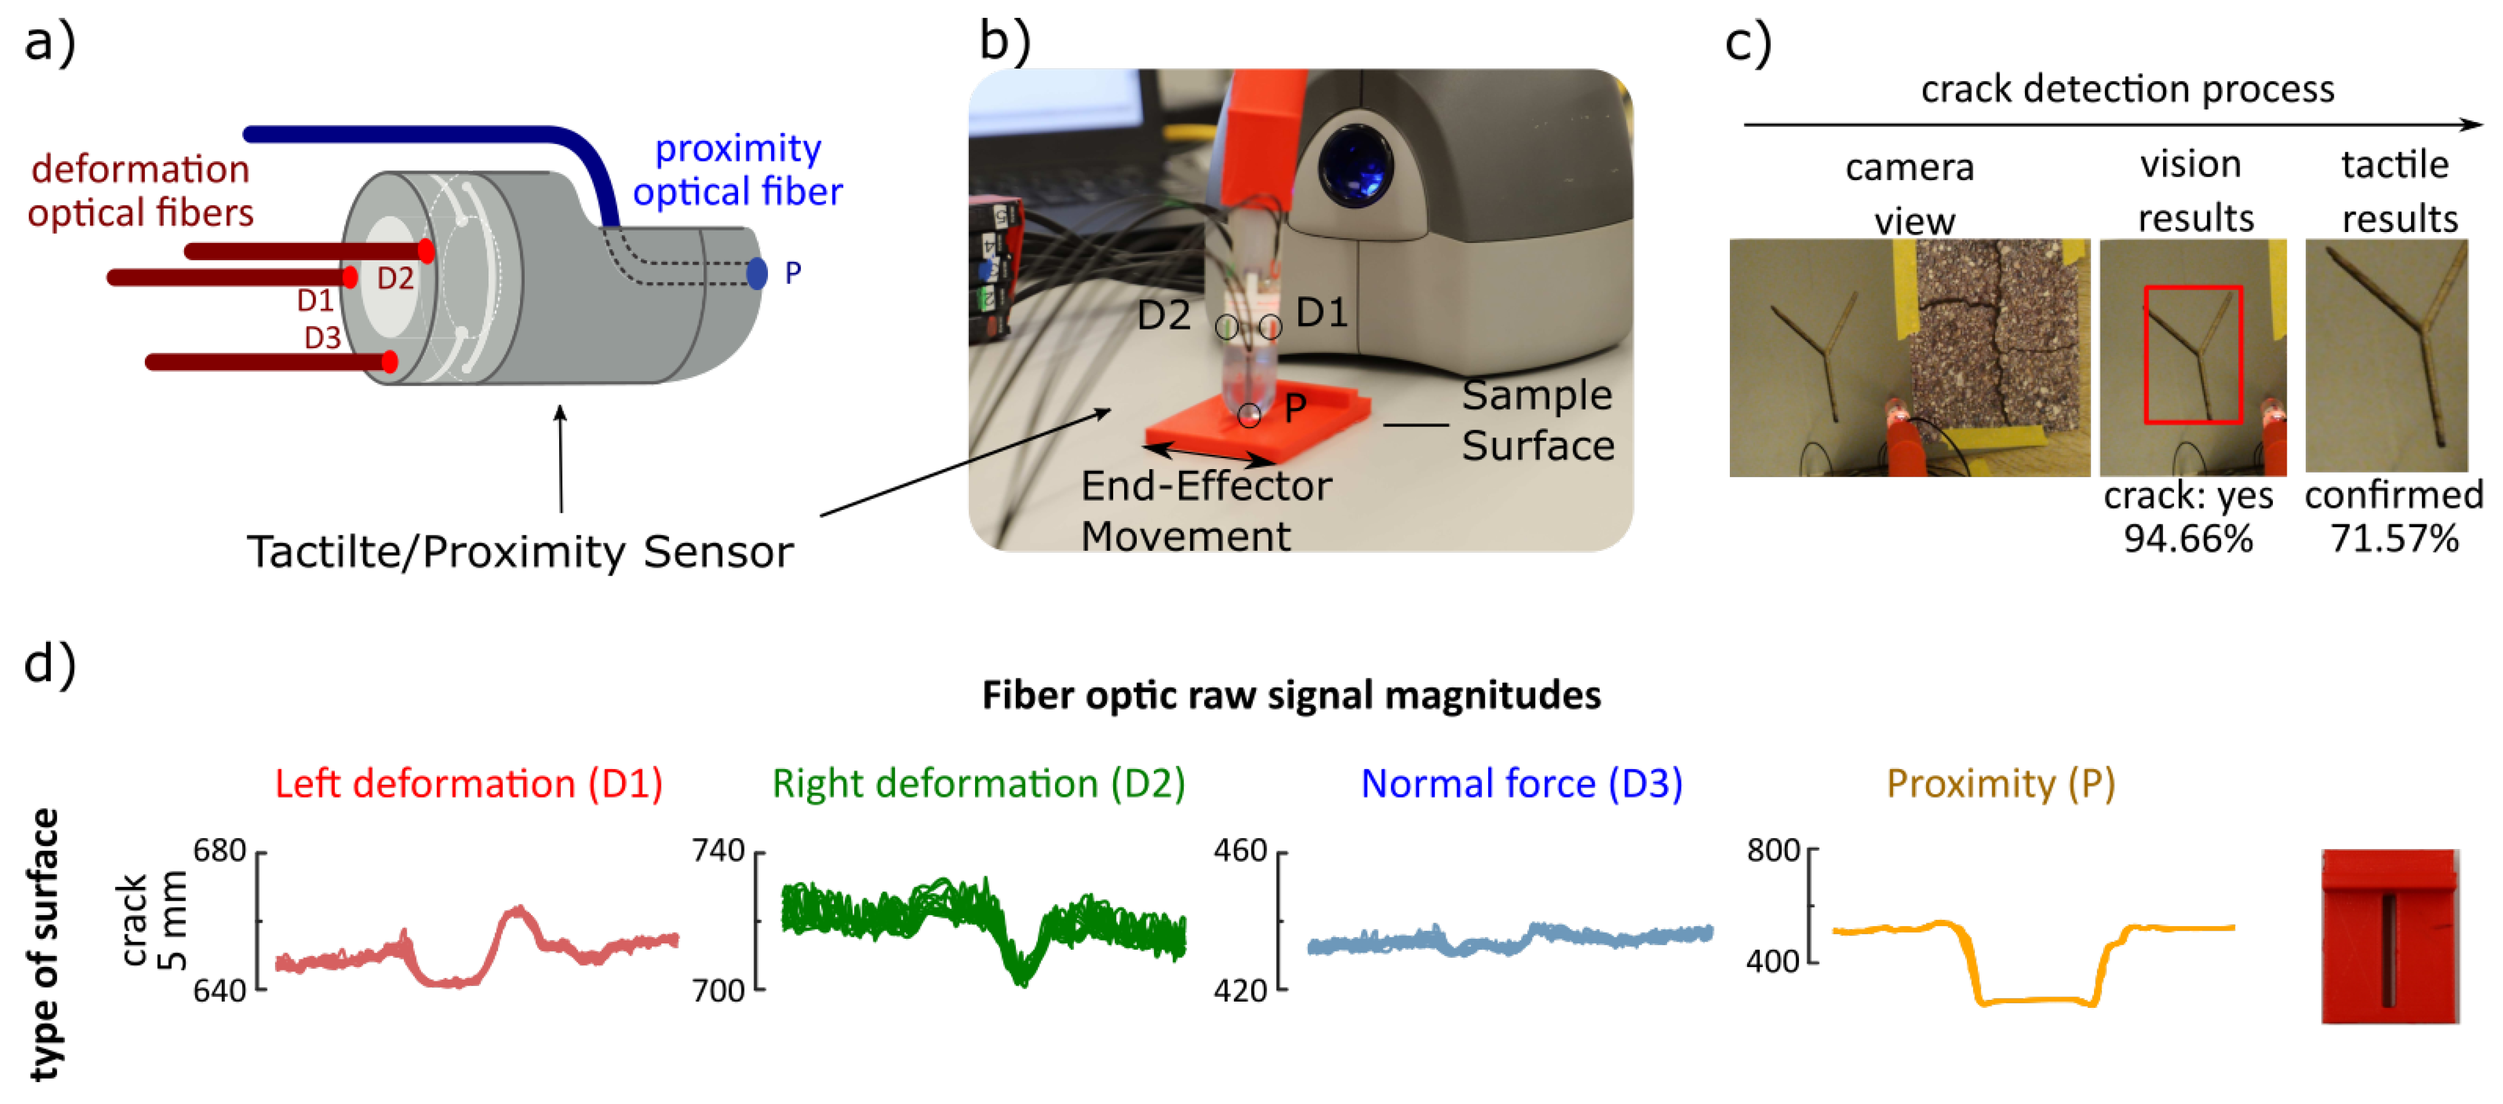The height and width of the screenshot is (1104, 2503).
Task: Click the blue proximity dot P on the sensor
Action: pyautogui.click(x=757, y=273)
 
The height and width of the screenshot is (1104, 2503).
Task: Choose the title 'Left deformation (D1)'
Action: pyautogui.click(x=468, y=783)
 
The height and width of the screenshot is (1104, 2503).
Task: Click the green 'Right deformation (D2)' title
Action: pyautogui.click(x=979, y=783)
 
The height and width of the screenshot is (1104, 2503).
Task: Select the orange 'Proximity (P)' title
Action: pyautogui.click(x=2001, y=783)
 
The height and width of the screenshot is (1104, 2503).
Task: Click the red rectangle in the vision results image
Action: pyautogui.click(x=2193, y=355)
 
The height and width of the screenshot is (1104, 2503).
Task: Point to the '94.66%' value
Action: pyautogui.click(x=2188, y=538)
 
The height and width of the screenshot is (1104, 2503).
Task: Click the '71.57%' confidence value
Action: pyautogui.click(x=2394, y=538)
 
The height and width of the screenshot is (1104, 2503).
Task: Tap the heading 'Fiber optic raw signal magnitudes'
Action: pyautogui.click(x=1291, y=696)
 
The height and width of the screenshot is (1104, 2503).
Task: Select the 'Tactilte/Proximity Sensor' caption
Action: pyautogui.click(x=520, y=552)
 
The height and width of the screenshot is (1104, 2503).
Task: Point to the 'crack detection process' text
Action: pyautogui.click(x=2127, y=89)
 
